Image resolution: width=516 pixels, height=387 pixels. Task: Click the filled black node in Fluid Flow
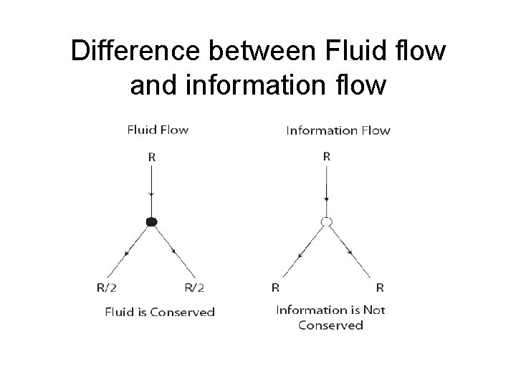[x=151, y=222]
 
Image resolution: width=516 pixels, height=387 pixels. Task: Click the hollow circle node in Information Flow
[x=327, y=222]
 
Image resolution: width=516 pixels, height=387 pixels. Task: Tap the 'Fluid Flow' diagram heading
[x=158, y=130]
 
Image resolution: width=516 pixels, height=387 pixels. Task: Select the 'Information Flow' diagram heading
[x=338, y=130]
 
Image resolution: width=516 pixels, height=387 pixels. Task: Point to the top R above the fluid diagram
[x=152, y=156]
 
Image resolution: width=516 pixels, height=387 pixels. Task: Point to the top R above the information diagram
[x=327, y=156]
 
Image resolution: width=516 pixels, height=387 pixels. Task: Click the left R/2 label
[x=106, y=288]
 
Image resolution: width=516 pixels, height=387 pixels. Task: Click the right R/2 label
[x=194, y=288]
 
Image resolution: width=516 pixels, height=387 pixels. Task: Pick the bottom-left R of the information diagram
[x=275, y=288]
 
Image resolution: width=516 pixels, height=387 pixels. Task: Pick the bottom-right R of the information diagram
[x=380, y=288]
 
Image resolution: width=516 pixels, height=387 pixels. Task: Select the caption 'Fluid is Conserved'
[x=160, y=312]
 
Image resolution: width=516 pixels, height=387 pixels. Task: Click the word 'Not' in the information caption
[x=373, y=310]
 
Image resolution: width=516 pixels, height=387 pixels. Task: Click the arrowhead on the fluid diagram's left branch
[x=128, y=253]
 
